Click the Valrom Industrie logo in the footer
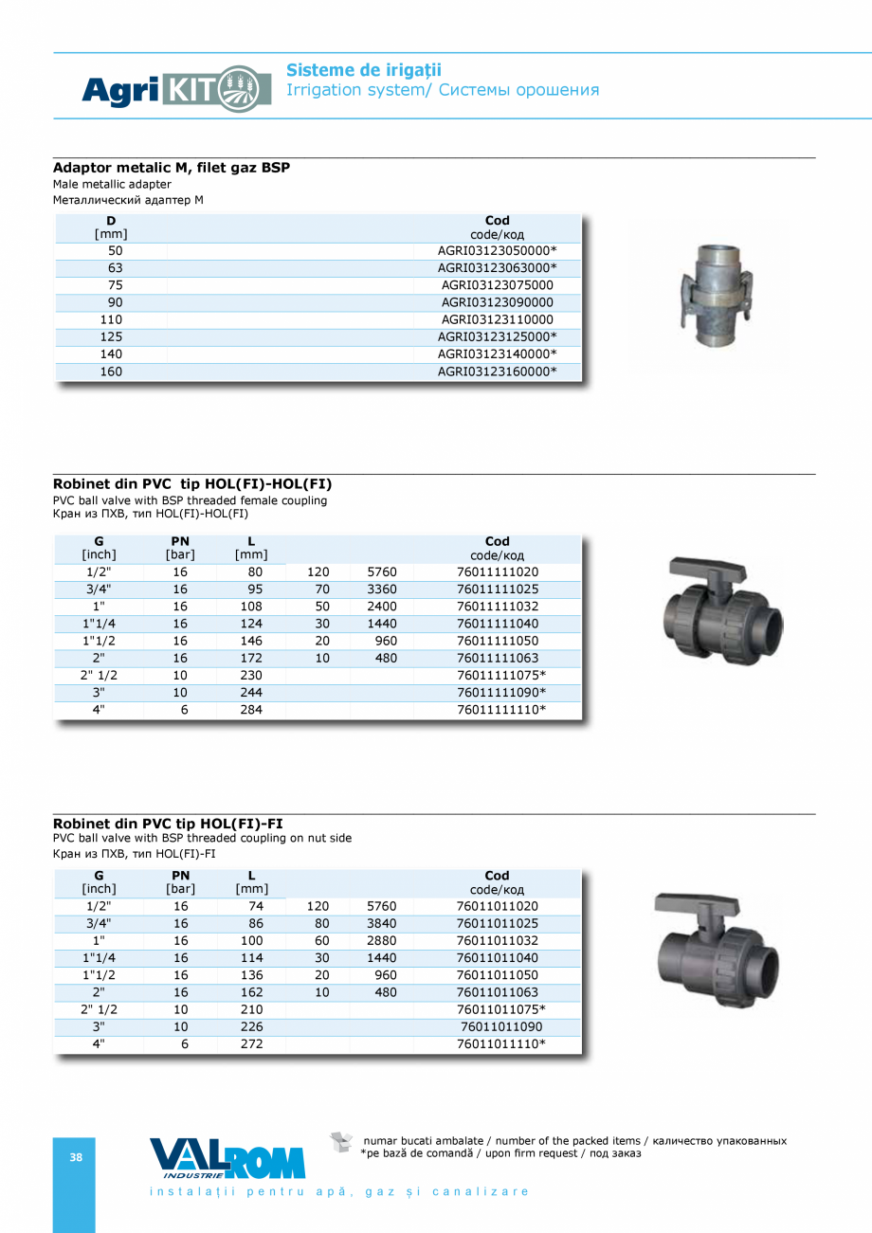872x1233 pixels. tap(227, 1159)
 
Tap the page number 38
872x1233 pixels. tap(76, 1157)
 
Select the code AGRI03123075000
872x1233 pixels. tap(497, 285)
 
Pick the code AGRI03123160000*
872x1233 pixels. tap(497, 372)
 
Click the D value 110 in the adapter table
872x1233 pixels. tap(111, 319)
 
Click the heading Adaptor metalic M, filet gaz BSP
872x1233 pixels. tap(172, 168)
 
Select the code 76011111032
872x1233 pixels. tap(497, 607)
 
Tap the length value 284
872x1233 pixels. tap(251, 710)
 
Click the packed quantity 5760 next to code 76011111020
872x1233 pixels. tap(382, 572)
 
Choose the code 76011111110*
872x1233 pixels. tap(501, 710)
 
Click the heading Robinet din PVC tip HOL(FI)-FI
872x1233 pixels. tap(168, 824)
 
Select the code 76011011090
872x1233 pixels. tap(501, 1026)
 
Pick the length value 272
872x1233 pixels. tap(251, 1044)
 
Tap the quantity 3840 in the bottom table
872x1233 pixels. tap(382, 923)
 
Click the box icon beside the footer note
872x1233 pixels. tap(341, 1142)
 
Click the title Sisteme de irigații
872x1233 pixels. tap(364, 70)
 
